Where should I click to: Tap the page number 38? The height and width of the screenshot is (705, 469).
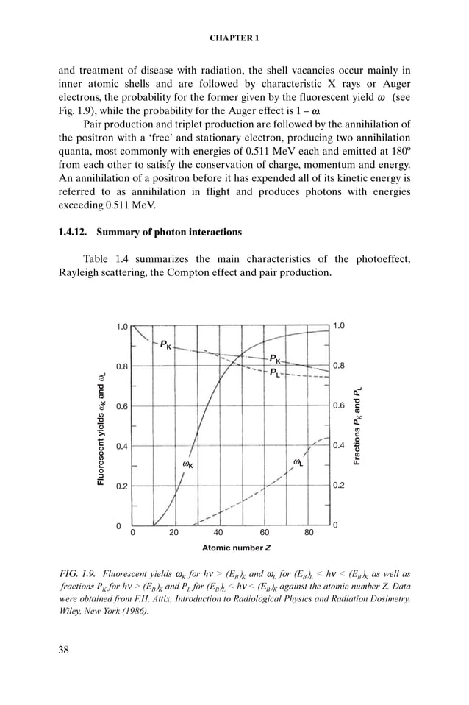(64, 649)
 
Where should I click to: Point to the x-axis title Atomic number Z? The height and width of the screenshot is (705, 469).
(236, 548)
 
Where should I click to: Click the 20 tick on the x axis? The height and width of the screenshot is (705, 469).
(174, 532)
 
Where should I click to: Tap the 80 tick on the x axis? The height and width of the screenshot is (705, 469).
(309, 532)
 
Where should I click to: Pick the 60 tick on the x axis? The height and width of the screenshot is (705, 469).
(265, 532)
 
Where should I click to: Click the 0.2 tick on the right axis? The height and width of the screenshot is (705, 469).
(340, 486)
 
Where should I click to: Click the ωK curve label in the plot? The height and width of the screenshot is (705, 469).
(187, 464)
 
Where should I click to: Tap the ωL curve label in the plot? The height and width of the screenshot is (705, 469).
(298, 462)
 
